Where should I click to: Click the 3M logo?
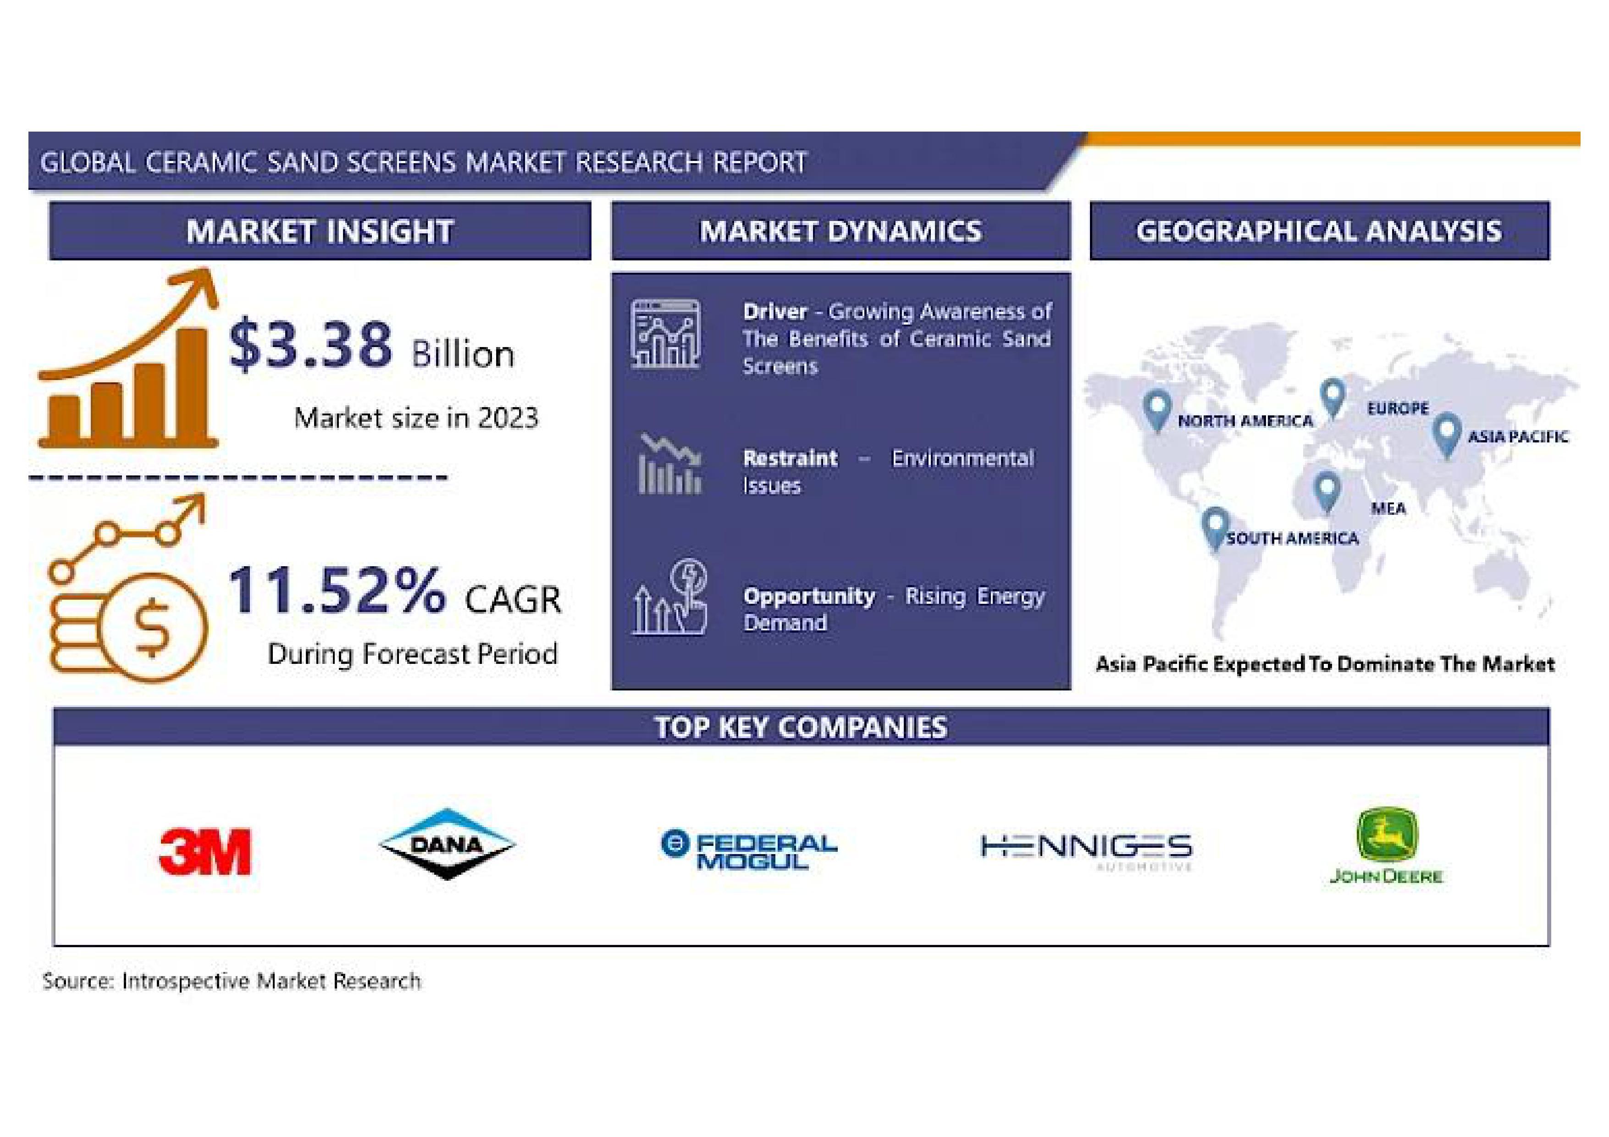[205, 852]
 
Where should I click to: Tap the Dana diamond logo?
[447, 844]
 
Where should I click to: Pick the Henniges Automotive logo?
[1086, 850]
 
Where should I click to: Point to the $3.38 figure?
[310, 344]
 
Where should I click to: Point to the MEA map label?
[1388, 508]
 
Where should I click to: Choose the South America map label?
[1292, 538]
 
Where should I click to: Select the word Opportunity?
[809, 596]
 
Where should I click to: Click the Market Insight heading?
[320, 231]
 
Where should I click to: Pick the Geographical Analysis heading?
[1319, 231]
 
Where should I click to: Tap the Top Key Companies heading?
[801, 727]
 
